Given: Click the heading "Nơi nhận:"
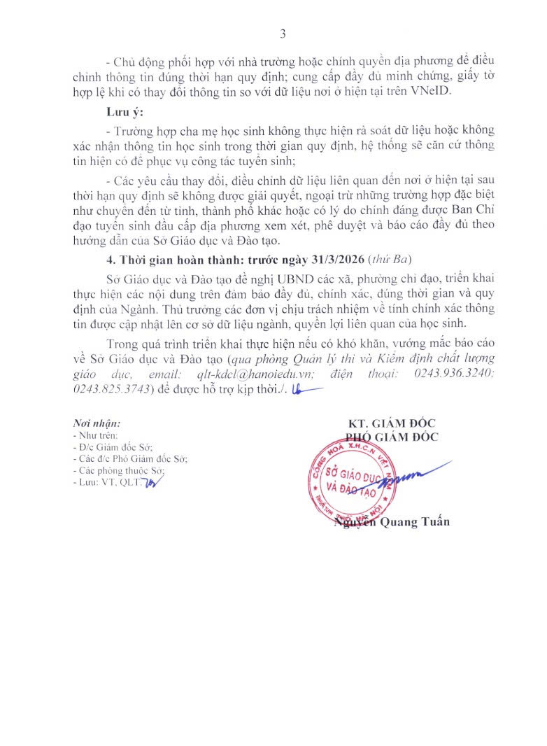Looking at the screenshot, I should (x=97, y=423).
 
